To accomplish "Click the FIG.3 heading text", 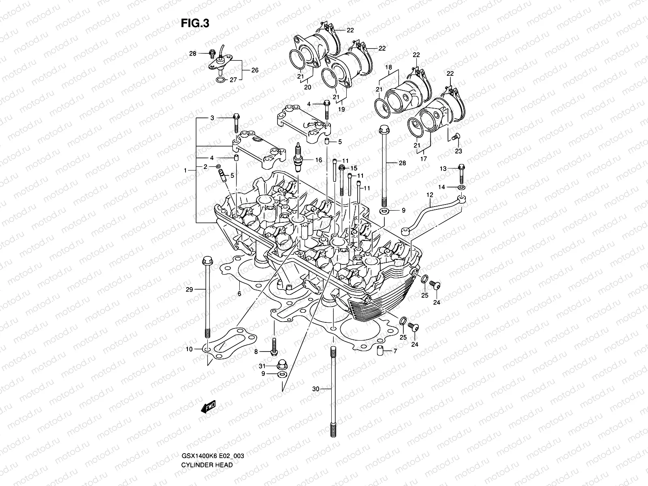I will (195, 23).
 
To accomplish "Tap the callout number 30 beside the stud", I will (316, 389).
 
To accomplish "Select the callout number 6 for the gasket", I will (239, 294).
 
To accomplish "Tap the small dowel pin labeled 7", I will (380, 351).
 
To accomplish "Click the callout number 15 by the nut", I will (354, 168).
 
